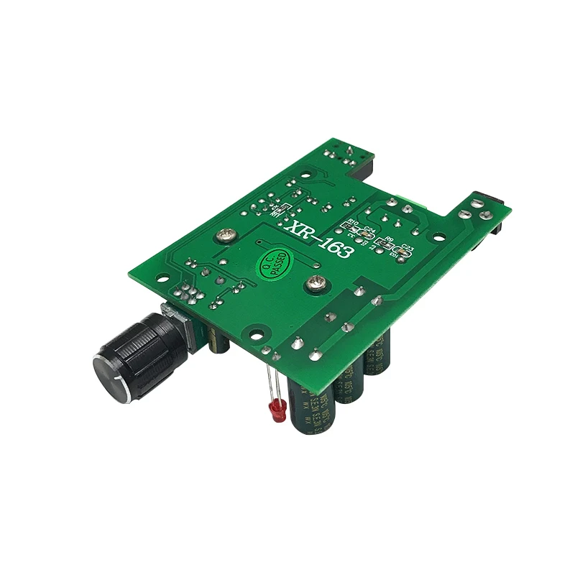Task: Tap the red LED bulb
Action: point(275,412)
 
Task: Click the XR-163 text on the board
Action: point(319,237)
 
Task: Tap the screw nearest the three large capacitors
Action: point(315,285)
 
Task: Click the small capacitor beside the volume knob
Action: point(219,341)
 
